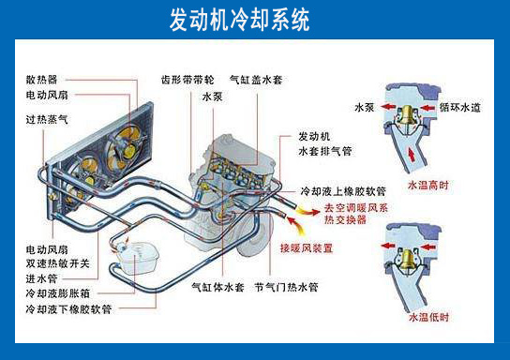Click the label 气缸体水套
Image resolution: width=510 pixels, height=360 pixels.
click(217, 286)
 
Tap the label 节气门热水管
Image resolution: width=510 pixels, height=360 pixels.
click(286, 286)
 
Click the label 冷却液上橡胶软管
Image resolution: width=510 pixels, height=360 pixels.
click(337, 192)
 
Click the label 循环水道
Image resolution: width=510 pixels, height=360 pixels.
click(460, 108)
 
